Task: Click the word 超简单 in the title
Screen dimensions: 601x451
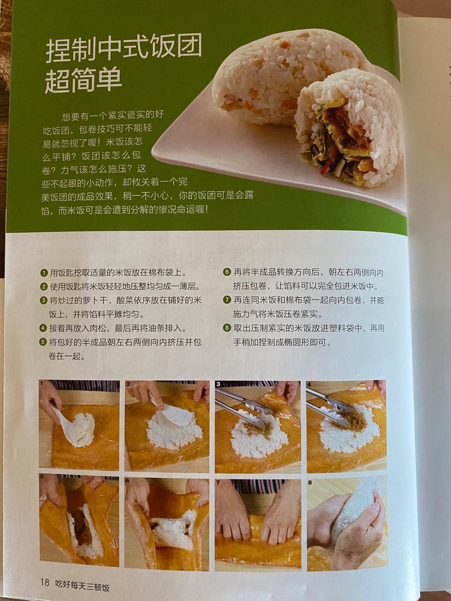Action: click(84, 79)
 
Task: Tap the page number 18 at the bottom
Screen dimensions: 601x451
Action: click(45, 583)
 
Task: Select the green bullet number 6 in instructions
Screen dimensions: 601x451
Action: click(227, 272)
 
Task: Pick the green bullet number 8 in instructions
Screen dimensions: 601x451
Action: click(227, 328)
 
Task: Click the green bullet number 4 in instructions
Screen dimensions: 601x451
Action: click(43, 328)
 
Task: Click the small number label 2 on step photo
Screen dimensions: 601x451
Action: click(128, 384)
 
